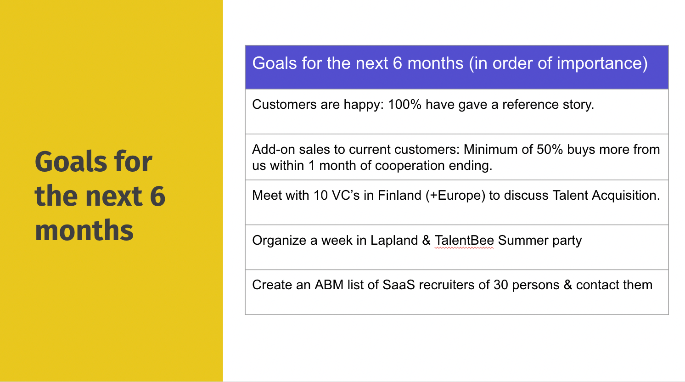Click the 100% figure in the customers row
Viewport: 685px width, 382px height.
[404, 105]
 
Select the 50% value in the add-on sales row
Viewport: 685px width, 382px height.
[550, 150]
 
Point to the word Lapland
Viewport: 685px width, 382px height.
[394, 241]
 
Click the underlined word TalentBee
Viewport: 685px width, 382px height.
[464, 241]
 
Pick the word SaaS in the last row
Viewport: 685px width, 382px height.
[399, 285]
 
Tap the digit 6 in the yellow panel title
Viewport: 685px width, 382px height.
[157, 196]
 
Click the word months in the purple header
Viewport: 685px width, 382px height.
[435, 63]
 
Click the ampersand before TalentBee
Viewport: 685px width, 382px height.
[427, 241]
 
